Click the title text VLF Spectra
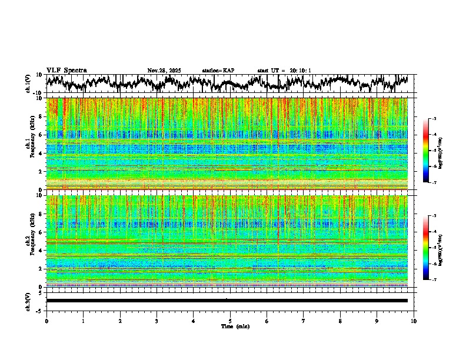pos(66,71)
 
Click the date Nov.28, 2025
pos(164,71)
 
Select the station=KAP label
pos(218,71)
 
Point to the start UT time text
pos(284,71)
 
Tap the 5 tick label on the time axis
pos(230,321)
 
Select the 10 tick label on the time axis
pos(414,321)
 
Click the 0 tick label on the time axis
pos(46,321)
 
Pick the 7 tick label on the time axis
pos(304,321)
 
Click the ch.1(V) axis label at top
pos(28,84)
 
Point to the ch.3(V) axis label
pos(28,301)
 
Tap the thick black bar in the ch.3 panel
pos(227,301)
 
